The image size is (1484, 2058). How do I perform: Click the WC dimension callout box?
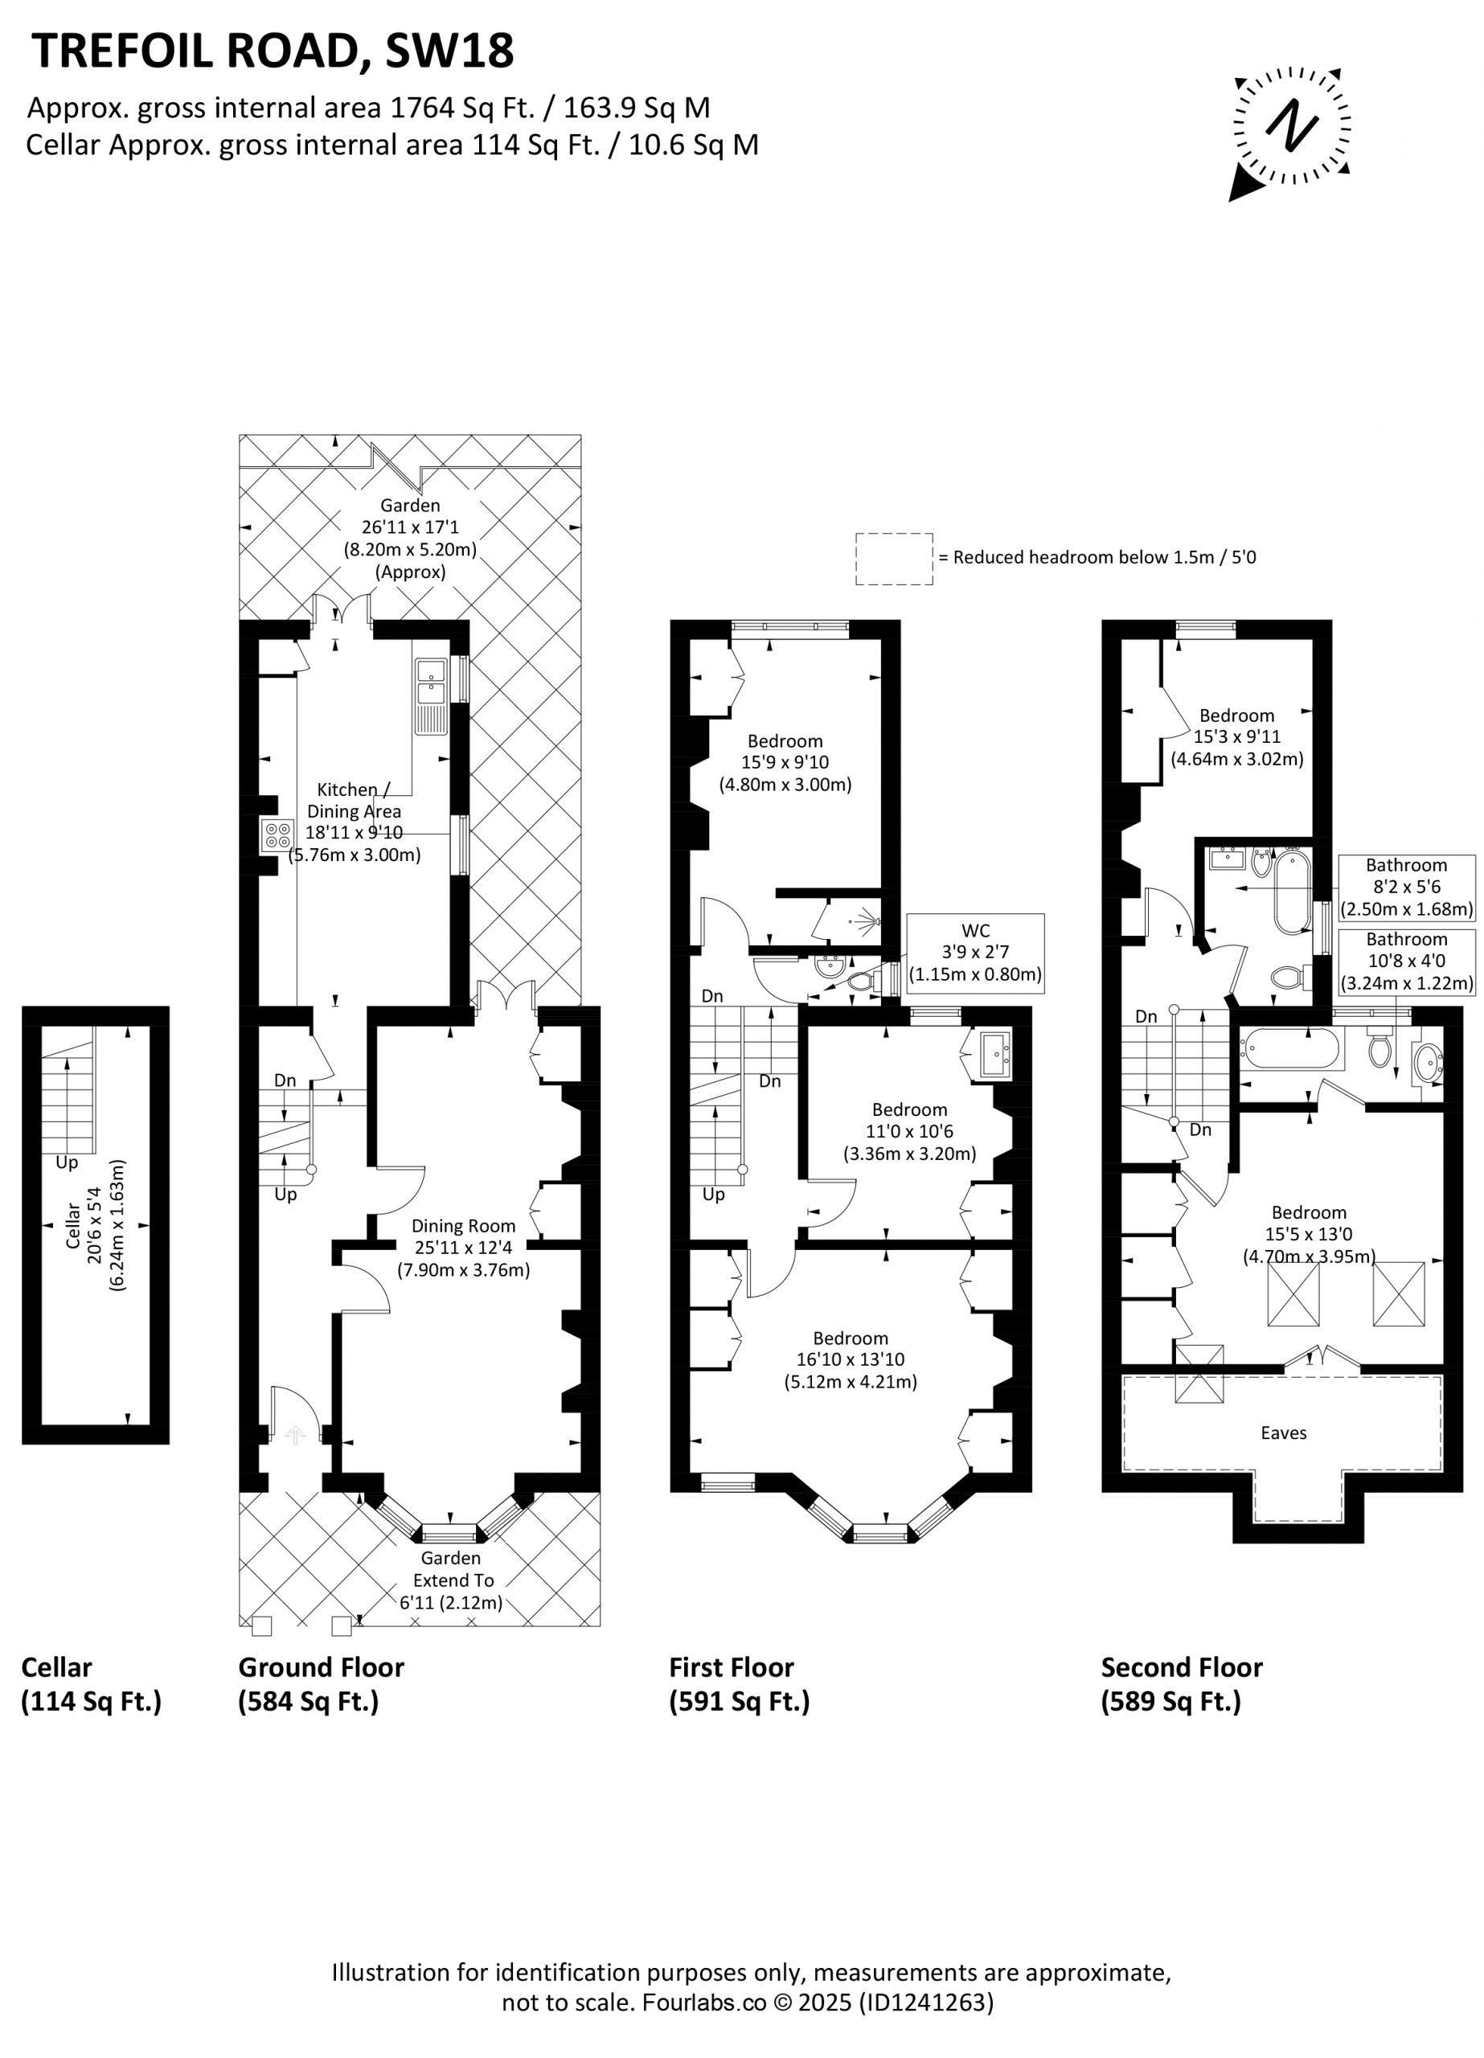976,953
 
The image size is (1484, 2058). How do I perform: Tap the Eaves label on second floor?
1283,1433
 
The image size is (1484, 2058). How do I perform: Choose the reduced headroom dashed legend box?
894,559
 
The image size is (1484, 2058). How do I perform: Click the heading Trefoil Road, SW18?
273,51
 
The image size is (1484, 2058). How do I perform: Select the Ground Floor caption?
322,1667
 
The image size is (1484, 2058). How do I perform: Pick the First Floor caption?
732,1667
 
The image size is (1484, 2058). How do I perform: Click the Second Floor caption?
1182,1667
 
